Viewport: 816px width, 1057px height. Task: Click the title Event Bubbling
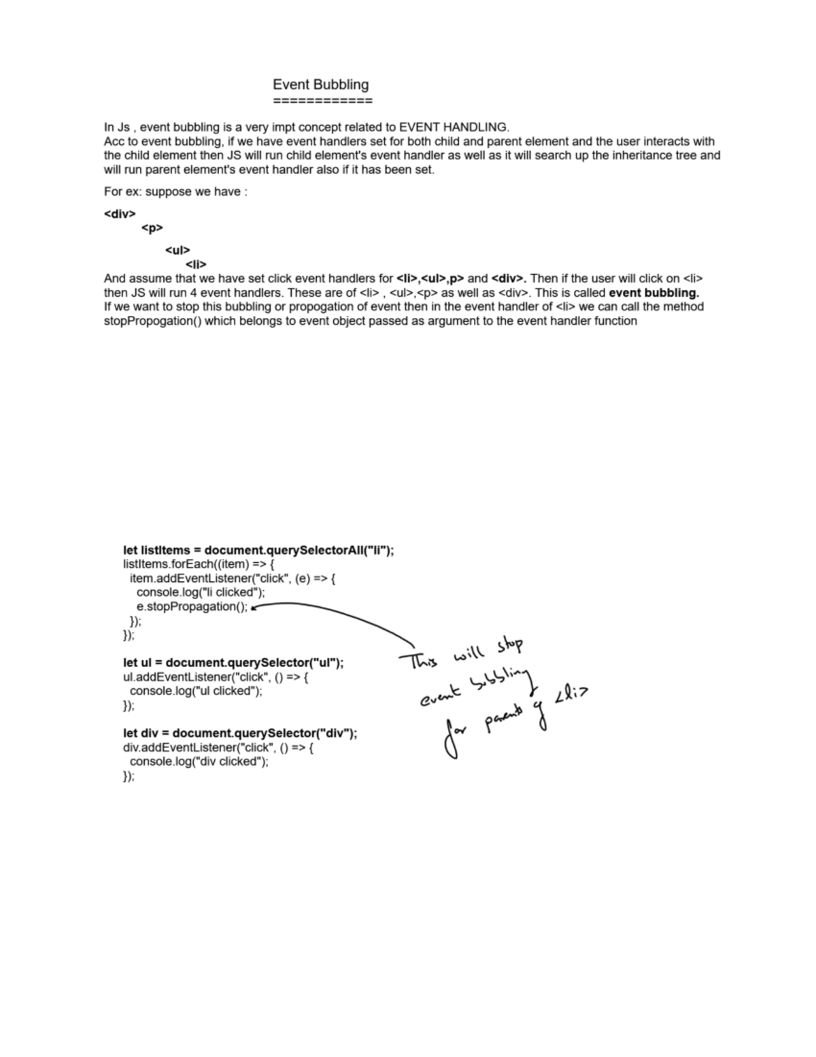[x=320, y=85]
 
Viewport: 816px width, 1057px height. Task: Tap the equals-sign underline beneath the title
[x=322, y=101]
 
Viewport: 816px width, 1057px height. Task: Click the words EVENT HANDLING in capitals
[x=453, y=127]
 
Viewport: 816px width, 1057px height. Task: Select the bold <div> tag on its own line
[x=120, y=214]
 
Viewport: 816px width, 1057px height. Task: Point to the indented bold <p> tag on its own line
[x=152, y=228]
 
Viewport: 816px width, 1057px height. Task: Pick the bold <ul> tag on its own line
[x=177, y=250]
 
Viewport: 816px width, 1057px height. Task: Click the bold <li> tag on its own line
[x=196, y=264]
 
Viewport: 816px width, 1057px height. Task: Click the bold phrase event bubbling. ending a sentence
[x=653, y=293]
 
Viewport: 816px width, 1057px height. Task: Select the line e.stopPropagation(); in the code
[x=192, y=607]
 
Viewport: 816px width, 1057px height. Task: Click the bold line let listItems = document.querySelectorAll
[x=258, y=551]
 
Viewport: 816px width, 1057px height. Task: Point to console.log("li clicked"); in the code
[x=201, y=593]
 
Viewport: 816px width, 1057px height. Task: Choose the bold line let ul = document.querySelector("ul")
[x=233, y=663]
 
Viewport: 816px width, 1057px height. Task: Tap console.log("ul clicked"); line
[x=196, y=691]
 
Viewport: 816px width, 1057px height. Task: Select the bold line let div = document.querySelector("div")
[x=240, y=734]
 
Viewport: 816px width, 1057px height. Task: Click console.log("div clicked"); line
[x=199, y=762]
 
